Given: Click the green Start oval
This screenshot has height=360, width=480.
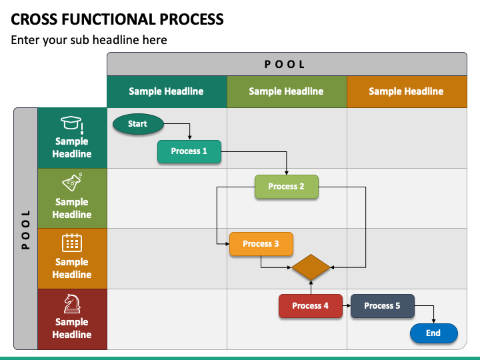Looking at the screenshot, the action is tap(138, 124).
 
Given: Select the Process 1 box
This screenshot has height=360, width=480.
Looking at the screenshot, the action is tap(189, 151).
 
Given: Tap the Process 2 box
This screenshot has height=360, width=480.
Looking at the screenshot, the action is tap(287, 187).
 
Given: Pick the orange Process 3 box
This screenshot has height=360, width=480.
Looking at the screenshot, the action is tap(261, 244).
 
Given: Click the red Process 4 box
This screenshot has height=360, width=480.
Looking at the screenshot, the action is tap(311, 306).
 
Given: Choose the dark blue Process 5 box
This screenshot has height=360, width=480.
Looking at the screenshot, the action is tap(383, 306).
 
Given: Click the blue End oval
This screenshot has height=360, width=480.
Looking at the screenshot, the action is tap(434, 333).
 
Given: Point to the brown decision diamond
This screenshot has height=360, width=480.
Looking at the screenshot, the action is tap(311, 267).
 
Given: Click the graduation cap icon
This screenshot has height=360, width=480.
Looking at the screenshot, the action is tap(72, 125).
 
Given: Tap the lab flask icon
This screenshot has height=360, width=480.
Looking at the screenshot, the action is tap(72, 182).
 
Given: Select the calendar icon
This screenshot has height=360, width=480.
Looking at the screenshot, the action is tap(72, 243).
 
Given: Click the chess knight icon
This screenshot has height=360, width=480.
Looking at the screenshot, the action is tap(72, 304).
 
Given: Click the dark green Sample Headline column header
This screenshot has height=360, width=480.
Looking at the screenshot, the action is tap(167, 91).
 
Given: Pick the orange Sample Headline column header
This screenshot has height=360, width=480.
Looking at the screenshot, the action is tap(407, 91).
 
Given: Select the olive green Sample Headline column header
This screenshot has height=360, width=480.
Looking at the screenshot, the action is tap(287, 91).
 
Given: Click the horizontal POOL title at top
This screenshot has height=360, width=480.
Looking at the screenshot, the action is tap(285, 64).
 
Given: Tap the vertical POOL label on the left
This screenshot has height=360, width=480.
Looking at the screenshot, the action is tap(26, 229).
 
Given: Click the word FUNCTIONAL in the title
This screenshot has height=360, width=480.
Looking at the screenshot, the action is tap(108, 19).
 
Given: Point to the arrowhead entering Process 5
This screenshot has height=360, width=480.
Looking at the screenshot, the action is tap(349, 305).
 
